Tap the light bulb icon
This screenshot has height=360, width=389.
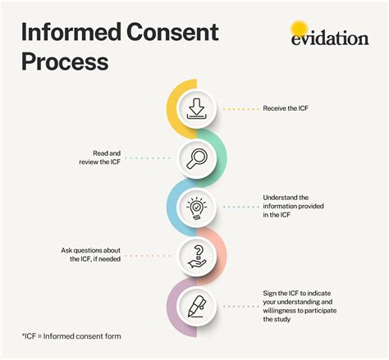pyautogui.click(x=196, y=207)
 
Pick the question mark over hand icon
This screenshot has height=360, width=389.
pyautogui.click(x=196, y=257)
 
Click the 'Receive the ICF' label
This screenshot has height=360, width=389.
pyautogui.click(x=287, y=108)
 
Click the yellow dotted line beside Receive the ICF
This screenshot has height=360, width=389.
pyautogui.click(x=240, y=108)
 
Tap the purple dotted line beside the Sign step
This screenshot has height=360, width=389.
pyautogui.click(x=240, y=306)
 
